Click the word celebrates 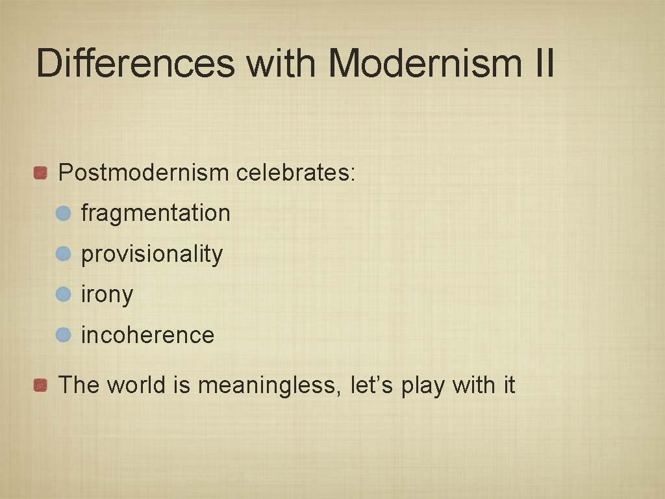tap(295, 173)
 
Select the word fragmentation tap(155, 213)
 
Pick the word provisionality tap(151, 254)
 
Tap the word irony tap(107, 294)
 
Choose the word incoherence tap(147, 335)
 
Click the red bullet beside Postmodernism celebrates tap(41, 173)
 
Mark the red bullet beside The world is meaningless tap(41, 385)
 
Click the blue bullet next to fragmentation tap(63, 213)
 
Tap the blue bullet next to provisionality tap(63, 253)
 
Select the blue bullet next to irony tap(63, 294)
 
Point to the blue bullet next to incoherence tap(63, 335)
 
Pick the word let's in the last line tap(372, 385)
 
